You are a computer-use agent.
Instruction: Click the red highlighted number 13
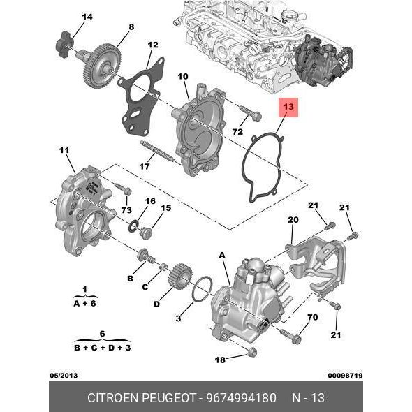pos(288,107)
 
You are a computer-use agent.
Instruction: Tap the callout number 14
pos(87,17)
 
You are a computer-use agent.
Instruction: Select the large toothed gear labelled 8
pos(102,64)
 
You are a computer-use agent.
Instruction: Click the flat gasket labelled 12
pos(141,96)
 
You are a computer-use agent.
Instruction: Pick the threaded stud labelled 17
pos(157,152)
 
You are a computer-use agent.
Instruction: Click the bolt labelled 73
pos(123,189)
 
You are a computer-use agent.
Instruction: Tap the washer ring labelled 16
pos(134,226)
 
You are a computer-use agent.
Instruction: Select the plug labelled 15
pos(146,233)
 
